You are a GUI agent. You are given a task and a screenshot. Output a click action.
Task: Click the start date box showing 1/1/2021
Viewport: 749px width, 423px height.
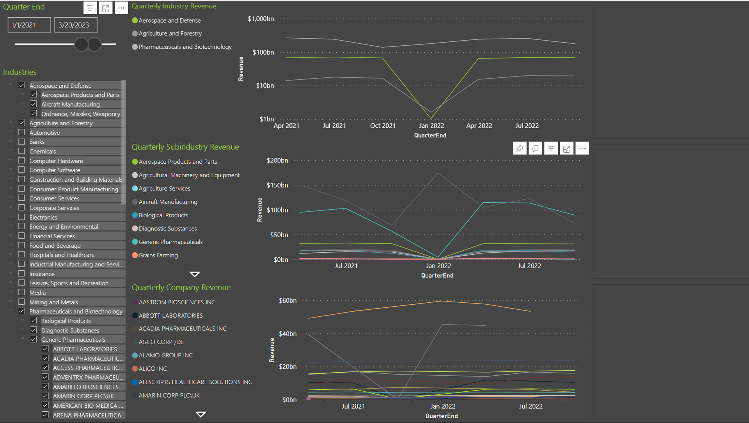pos(29,25)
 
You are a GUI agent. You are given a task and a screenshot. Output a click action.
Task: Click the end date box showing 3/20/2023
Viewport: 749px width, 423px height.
pos(76,25)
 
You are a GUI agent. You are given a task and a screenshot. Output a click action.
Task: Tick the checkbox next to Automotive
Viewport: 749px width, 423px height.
pos(22,132)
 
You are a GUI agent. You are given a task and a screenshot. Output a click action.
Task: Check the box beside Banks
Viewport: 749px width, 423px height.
pos(22,142)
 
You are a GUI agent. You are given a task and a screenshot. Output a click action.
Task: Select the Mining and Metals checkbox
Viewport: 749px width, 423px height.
pos(22,302)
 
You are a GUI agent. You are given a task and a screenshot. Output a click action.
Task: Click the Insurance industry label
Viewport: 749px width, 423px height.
pos(42,274)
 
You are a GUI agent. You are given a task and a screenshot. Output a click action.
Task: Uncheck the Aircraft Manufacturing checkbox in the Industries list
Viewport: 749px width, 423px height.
pos(34,104)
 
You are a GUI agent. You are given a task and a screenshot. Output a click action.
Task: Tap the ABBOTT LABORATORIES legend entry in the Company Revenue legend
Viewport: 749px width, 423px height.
pos(167,316)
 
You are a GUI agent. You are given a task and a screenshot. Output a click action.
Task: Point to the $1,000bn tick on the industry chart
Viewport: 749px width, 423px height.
pos(261,19)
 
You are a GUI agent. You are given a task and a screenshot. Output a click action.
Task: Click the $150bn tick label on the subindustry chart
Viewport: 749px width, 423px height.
pos(277,185)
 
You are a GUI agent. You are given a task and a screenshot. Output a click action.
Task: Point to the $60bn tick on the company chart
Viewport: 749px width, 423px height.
pos(288,300)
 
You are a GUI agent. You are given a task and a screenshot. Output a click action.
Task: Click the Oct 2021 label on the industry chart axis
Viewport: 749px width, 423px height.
pos(383,125)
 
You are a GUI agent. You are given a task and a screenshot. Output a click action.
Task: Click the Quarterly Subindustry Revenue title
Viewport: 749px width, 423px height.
pos(185,147)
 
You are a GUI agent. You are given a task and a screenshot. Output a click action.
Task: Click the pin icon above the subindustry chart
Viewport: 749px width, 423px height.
pos(520,148)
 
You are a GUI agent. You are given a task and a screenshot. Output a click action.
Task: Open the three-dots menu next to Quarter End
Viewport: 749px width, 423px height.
pos(121,8)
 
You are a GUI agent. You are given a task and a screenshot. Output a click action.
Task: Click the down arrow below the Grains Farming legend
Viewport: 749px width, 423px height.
pos(195,274)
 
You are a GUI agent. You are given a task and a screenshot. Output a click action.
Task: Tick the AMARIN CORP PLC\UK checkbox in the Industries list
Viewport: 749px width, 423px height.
pos(45,396)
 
